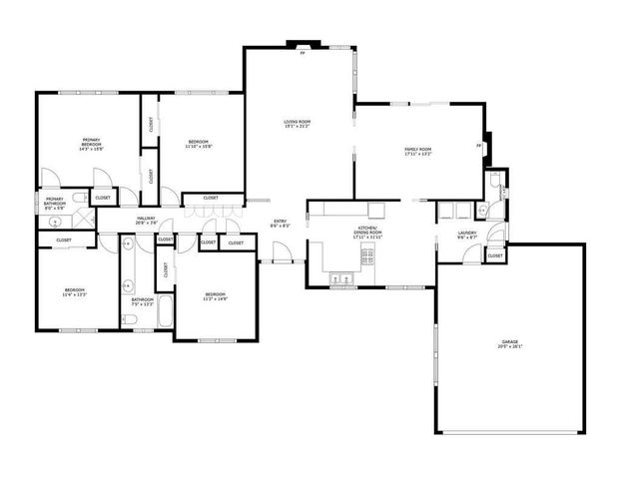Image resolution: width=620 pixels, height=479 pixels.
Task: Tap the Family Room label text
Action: pos(417,149)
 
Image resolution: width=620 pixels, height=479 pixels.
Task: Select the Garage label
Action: pos(510,342)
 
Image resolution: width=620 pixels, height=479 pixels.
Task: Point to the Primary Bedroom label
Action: pos(92,142)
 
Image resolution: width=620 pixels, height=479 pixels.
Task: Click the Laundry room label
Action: pos(466,234)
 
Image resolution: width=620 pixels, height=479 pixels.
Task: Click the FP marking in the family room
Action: pos(478,146)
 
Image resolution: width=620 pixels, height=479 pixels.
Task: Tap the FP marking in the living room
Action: pos(302,54)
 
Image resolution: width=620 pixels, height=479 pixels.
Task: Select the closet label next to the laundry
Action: pos(495,256)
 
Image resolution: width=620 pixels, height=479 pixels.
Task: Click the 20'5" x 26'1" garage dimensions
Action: pos(510,347)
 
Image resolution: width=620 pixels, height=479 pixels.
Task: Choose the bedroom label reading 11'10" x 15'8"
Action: pos(198,147)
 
